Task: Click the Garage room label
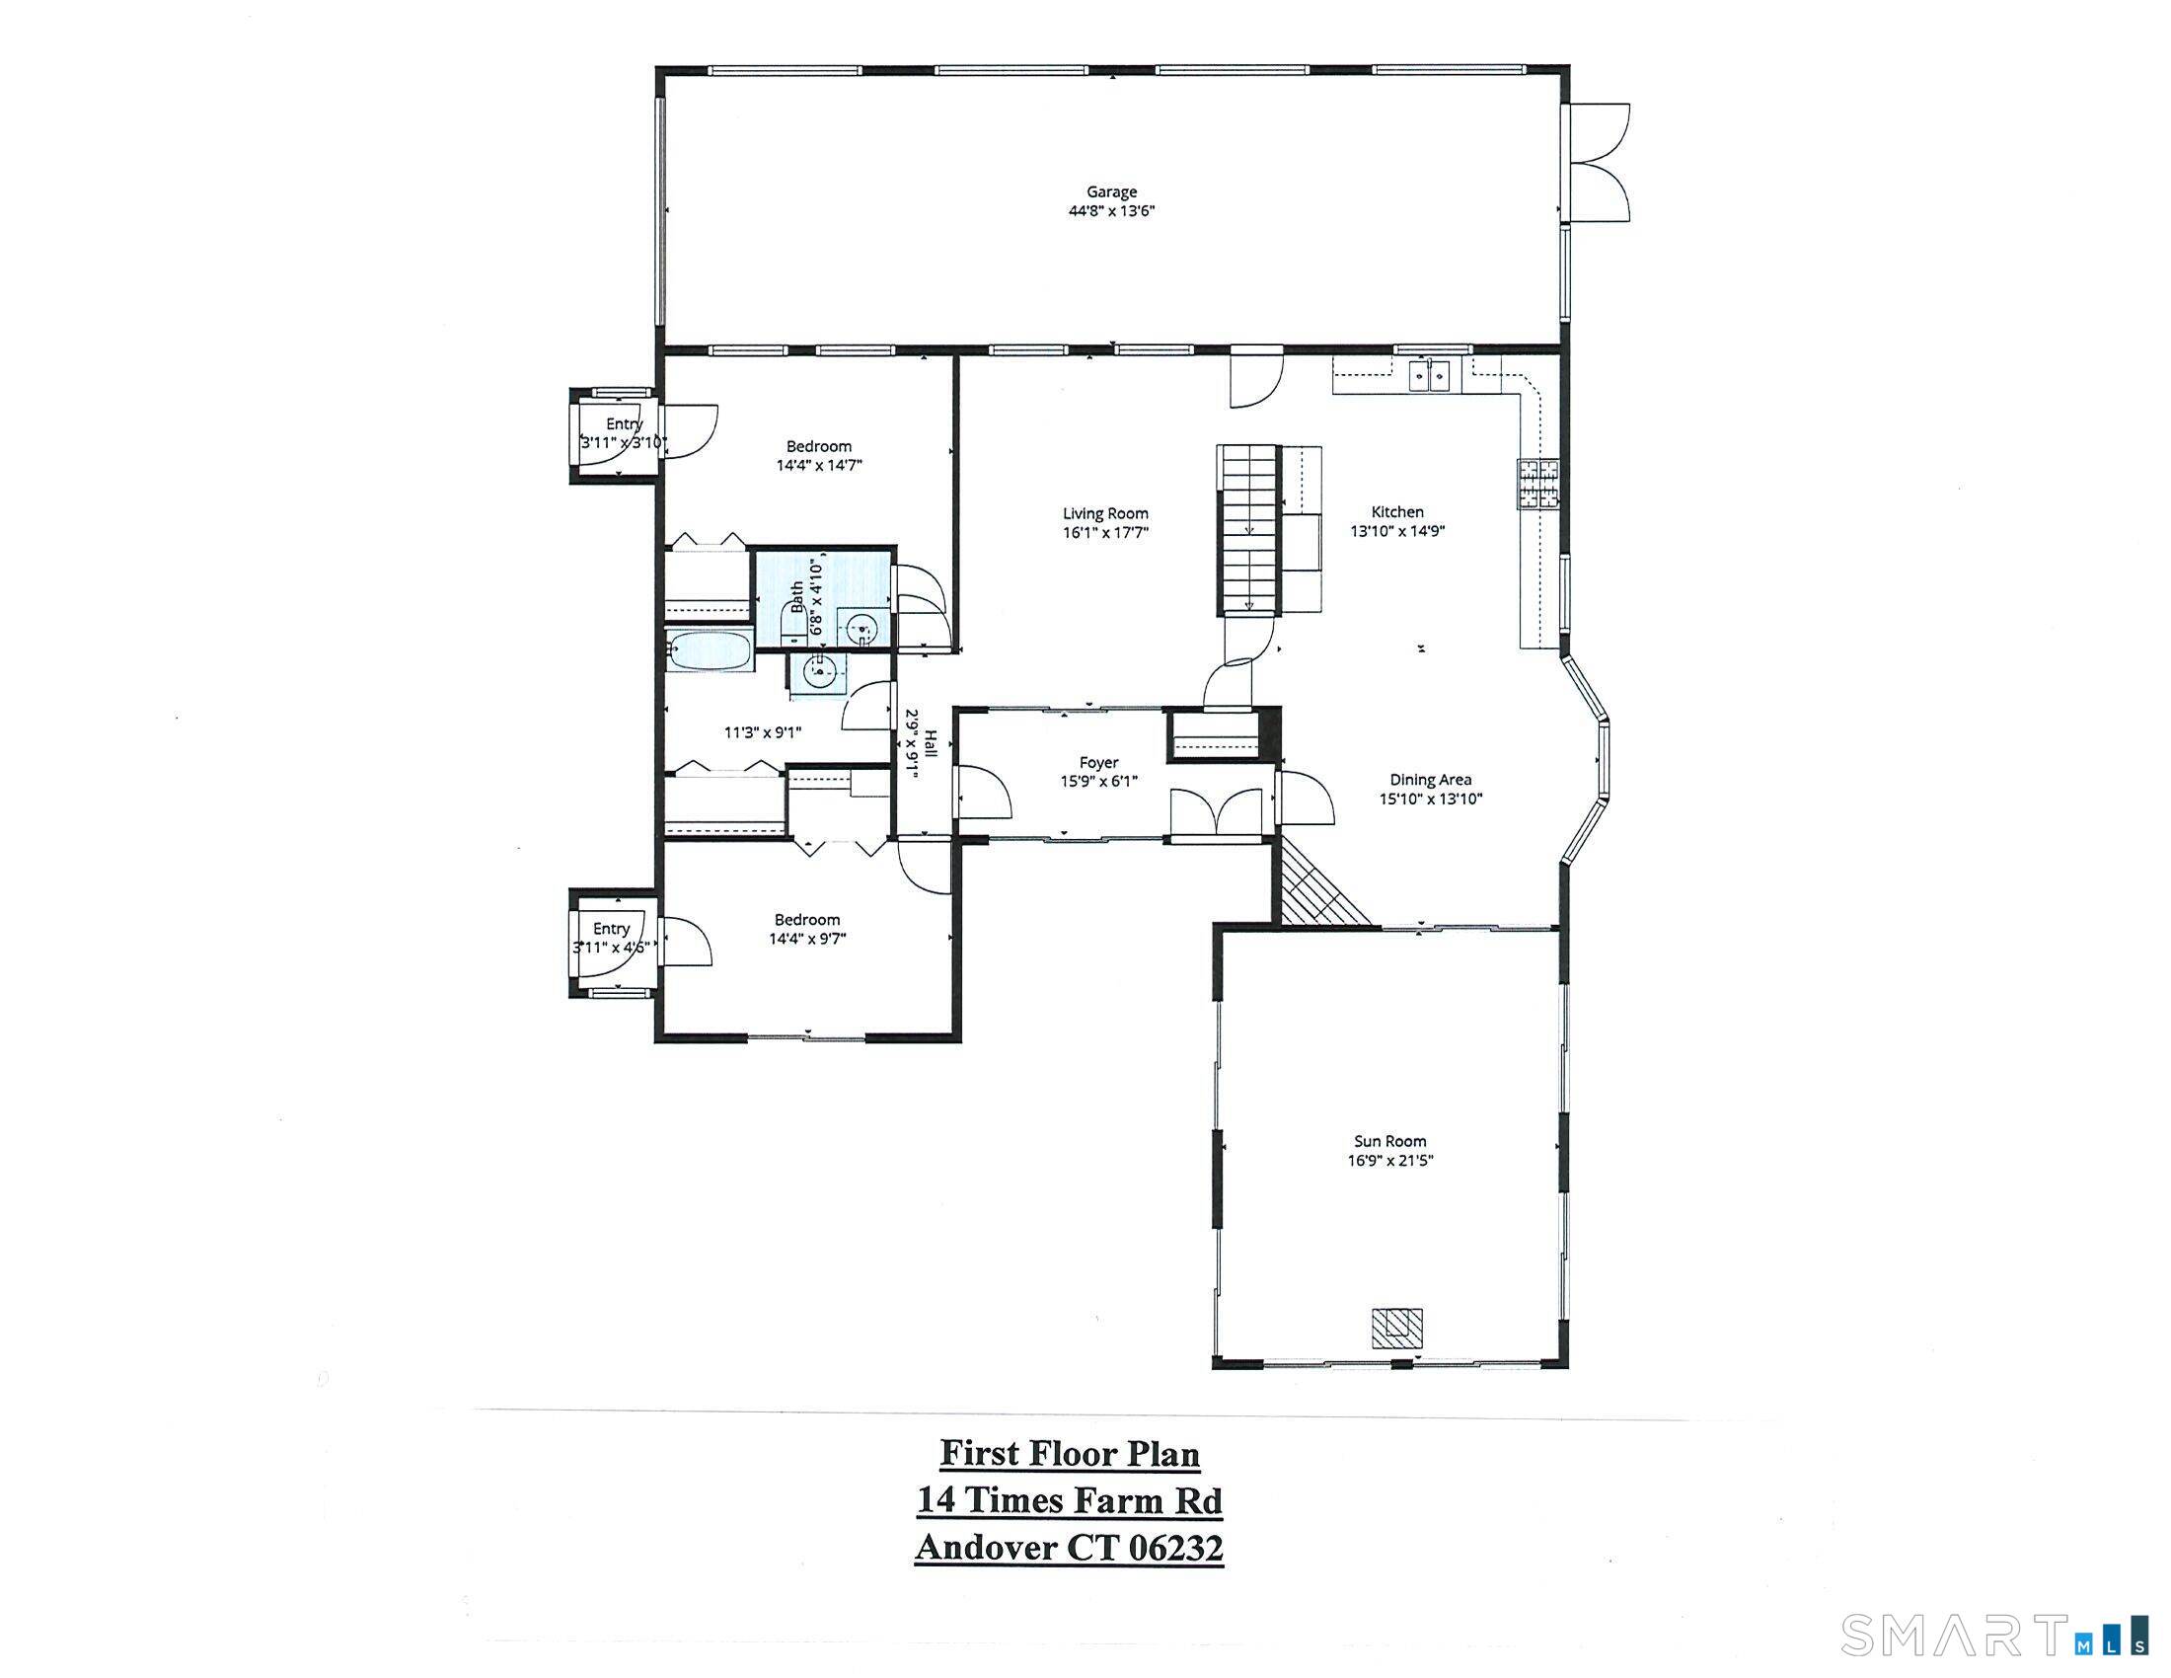coord(1110,191)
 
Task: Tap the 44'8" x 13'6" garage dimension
coord(1110,211)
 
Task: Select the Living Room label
coord(1104,513)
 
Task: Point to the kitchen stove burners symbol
coord(1538,485)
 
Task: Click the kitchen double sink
coord(1430,377)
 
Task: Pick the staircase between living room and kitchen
coord(1247,529)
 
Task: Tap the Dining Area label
coord(1431,781)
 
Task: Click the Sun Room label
coord(1389,1141)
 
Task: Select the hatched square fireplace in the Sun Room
coord(1396,1327)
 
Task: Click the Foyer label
coord(1098,762)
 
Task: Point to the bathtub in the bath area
coord(708,652)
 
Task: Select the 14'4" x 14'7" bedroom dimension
coord(818,465)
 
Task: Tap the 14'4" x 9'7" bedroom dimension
coord(806,939)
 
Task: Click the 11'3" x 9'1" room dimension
coord(763,732)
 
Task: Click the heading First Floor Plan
coord(1070,1453)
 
